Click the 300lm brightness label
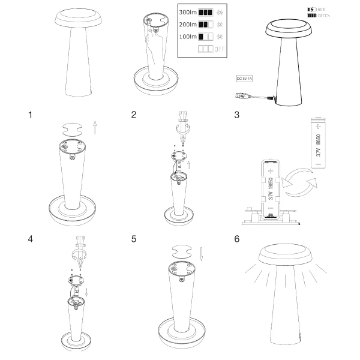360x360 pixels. [188, 11]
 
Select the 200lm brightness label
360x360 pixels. [188, 24]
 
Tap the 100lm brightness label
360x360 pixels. [188, 37]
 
